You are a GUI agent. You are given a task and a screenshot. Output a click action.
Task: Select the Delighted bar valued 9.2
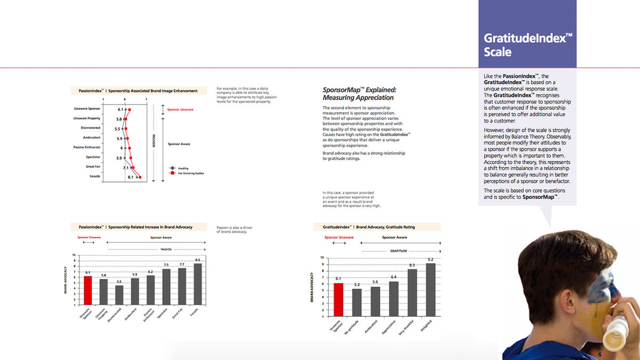click(431, 290)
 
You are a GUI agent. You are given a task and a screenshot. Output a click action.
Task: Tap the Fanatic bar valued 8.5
click(198, 284)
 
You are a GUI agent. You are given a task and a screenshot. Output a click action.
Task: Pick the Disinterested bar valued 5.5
click(119, 295)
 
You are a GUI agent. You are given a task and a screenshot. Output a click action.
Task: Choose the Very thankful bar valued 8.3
click(412, 292)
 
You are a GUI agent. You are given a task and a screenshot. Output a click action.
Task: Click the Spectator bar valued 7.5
click(166, 287)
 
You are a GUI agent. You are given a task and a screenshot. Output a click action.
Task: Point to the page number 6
click(599, 355)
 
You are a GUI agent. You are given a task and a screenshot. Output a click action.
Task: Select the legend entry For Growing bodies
click(187, 173)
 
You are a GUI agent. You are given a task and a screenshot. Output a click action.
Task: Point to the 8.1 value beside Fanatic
click(131, 177)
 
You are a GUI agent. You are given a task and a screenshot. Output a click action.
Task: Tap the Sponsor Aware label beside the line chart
click(179, 144)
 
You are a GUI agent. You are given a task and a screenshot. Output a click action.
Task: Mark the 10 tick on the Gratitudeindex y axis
click(322, 258)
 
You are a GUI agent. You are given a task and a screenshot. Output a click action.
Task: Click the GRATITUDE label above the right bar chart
click(398, 251)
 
